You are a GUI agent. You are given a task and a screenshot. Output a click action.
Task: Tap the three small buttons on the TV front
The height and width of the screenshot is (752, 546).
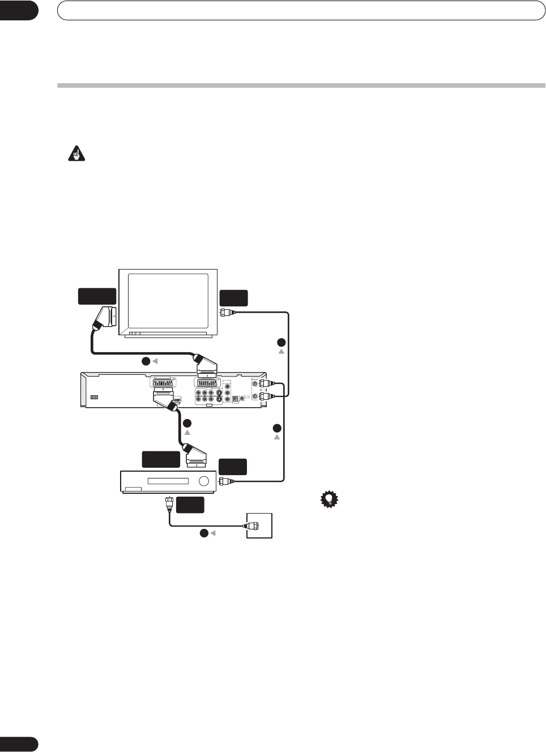click(x=135, y=334)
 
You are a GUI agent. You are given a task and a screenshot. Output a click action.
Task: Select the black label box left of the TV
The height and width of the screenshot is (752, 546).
click(x=97, y=297)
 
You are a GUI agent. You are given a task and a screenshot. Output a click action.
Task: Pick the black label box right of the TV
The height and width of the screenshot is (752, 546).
click(x=234, y=298)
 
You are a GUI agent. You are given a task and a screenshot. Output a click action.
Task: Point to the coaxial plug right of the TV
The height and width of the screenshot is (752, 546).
click(x=225, y=312)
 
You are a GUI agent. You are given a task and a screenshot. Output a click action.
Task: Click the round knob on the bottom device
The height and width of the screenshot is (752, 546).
click(x=204, y=482)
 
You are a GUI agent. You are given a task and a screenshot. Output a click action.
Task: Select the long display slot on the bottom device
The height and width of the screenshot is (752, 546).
click(x=168, y=482)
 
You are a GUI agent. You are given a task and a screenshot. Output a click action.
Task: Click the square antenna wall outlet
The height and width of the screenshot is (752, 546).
click(x=259, y=525)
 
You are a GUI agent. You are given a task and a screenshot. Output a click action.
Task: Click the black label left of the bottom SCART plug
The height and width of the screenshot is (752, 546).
click(x=161, y=460)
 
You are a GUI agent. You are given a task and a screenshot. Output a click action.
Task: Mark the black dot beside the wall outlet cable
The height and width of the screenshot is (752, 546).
click(x=203, y=533)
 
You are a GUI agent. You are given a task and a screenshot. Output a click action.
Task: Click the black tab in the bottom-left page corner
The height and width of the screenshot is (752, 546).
click(x=19, y=744)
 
